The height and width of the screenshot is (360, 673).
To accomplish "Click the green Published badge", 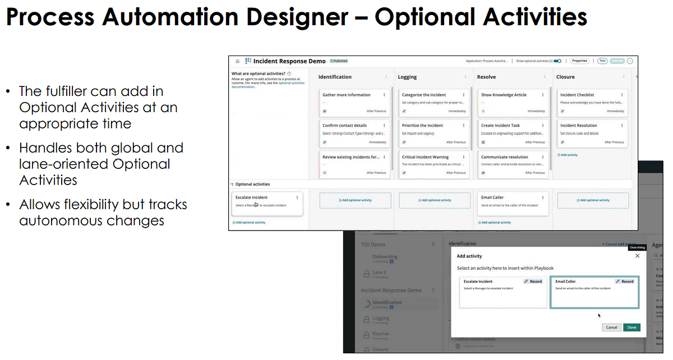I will [x=339, y=61].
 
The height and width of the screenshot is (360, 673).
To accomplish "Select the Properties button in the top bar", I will [x=579, y=61].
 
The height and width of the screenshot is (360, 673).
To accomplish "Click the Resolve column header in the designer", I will [x=486, y=77].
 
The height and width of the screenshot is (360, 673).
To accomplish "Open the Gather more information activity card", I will [x=346, y=95].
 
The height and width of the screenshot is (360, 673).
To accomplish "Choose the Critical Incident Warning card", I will [x=425, y=157].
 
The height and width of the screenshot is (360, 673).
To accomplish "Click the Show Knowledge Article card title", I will [x=504, y=95].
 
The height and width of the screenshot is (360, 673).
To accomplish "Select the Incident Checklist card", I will [x=577, y=95].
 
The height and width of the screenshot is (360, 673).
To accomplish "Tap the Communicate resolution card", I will [x=504, y=157].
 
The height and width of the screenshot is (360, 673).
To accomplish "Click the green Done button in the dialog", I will [x=631, y=327].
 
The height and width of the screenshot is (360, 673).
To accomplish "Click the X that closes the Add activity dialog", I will [x=637, y=256].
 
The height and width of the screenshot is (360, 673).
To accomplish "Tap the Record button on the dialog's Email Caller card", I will [x=624, y=281].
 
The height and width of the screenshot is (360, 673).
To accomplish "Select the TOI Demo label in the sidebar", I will [x=373, y=244].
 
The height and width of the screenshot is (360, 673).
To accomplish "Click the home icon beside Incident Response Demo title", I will [x=238, y=61].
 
